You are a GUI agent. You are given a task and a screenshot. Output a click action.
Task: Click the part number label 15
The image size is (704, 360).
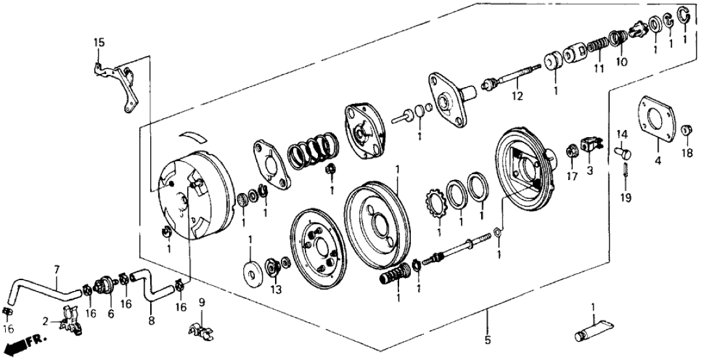98,43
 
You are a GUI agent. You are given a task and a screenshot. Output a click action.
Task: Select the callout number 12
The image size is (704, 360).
517,97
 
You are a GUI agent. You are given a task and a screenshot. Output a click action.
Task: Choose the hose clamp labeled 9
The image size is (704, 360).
202,331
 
